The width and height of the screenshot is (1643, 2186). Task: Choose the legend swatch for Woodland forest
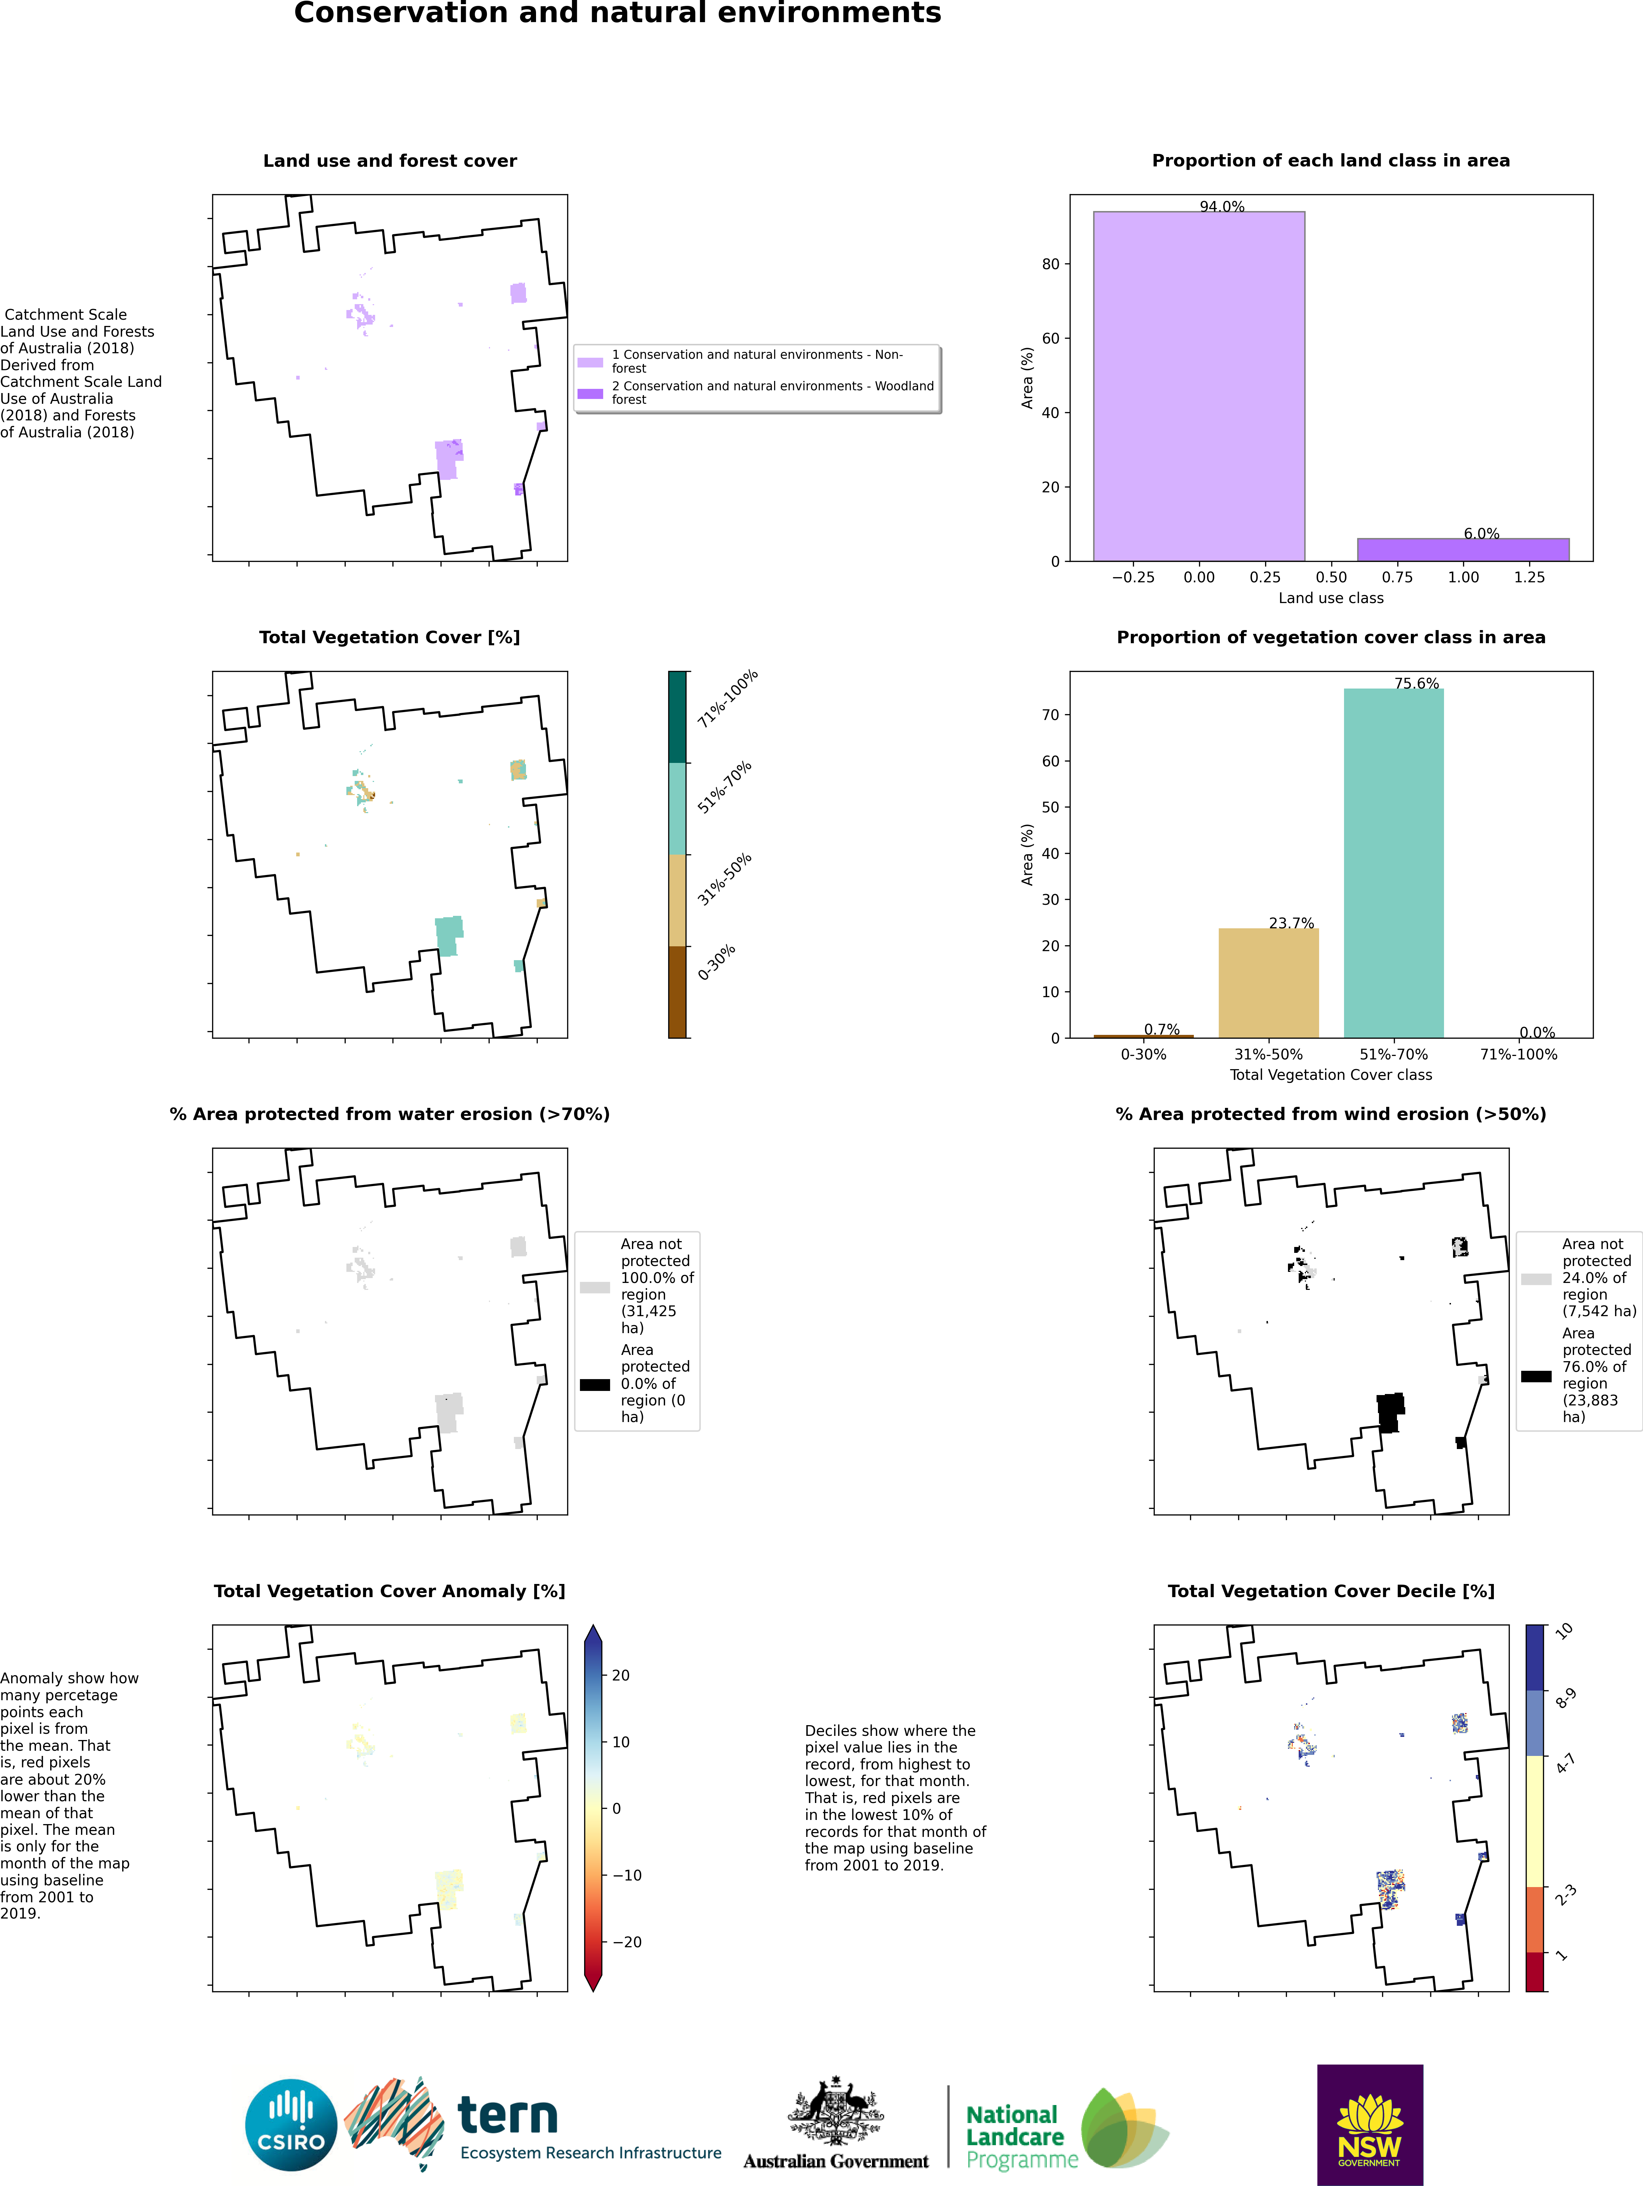pos(590,393)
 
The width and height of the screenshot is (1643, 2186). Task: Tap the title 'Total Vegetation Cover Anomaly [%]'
pos(390,1591)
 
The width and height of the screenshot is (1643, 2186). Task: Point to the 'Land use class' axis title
pos(1331,598)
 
